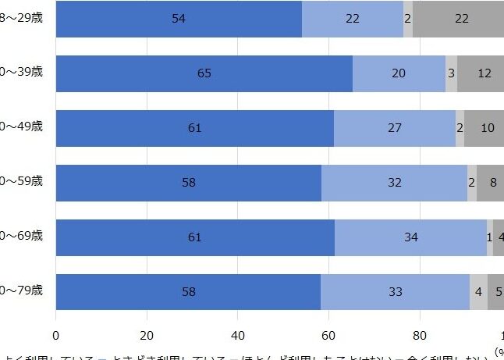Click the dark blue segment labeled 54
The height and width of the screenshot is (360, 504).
pos(179,19)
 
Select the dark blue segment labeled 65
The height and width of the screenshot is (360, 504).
pos(204,73)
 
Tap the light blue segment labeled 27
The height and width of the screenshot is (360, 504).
pos(395,128)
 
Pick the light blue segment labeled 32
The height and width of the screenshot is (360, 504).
pos(395,183)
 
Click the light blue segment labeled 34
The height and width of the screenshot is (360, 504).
pos(411,237)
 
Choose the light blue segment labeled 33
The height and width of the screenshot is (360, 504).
pos(395,292)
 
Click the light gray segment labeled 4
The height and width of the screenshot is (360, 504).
pos(478,292)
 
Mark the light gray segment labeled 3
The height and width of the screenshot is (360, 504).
pos(451,73)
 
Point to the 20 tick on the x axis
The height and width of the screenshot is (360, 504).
pos(147,335)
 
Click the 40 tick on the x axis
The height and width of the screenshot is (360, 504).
pos(238,335)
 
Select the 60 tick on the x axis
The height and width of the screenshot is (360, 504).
pos(328,335)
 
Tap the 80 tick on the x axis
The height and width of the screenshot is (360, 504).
pos(420,335)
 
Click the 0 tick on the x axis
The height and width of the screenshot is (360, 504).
pos(56,335)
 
